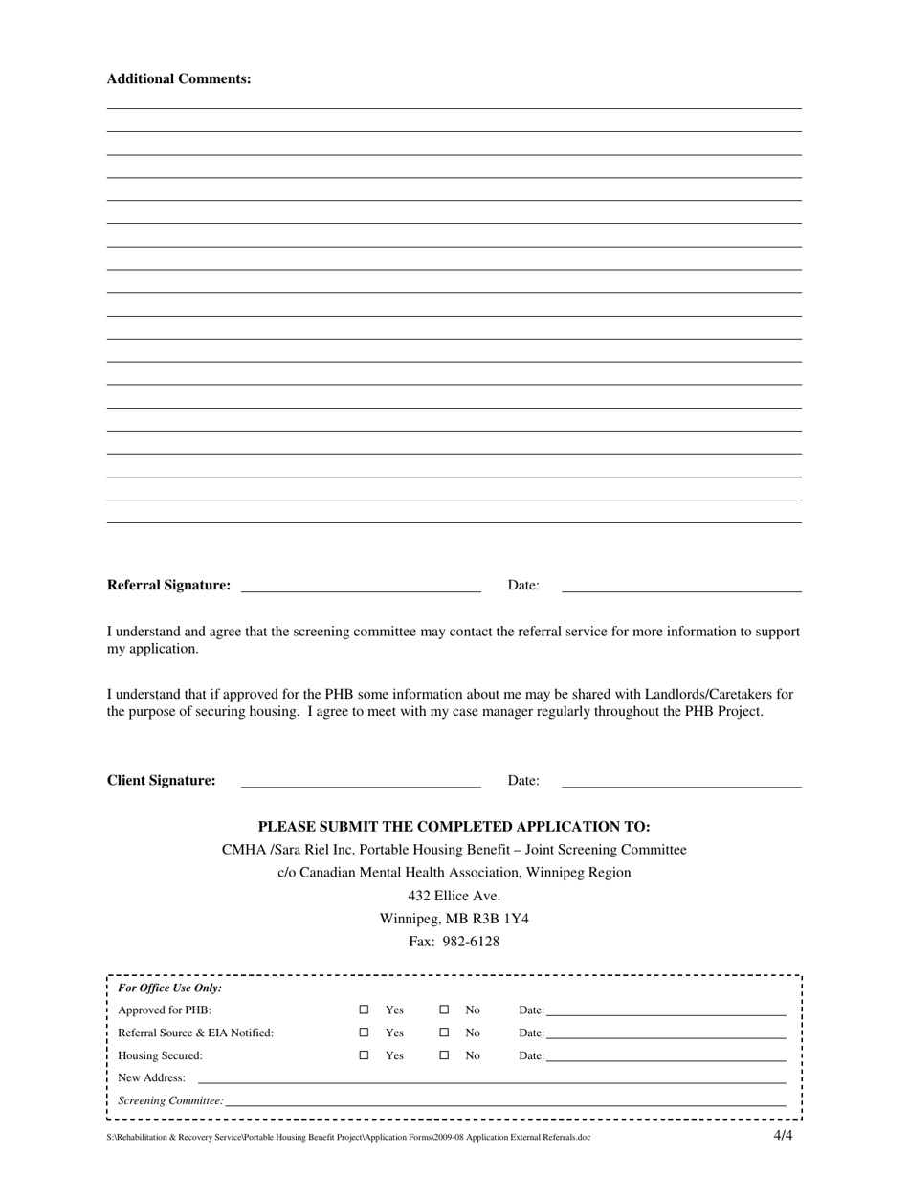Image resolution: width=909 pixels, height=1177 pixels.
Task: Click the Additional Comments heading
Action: click(x=179, y=79)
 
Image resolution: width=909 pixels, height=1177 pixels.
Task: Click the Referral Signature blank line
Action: click(x=360, y=588)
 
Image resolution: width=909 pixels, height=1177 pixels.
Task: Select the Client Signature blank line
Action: click(x=360, y=783)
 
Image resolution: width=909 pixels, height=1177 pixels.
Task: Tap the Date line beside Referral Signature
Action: click(x=680, y=588)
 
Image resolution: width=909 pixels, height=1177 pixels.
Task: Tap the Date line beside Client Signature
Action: click(x=680, y=783)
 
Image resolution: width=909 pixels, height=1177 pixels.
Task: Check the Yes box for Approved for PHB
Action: click(x=364, y=1010)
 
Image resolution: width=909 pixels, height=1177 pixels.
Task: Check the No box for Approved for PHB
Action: click(x=444, y=1010)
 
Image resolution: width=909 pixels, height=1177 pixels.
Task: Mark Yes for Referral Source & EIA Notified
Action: click(x=364, y=1033)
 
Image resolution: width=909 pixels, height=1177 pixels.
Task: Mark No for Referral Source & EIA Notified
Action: click(x=444, y=1033)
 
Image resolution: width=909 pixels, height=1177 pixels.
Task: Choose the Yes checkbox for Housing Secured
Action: click(x=364, y=1055)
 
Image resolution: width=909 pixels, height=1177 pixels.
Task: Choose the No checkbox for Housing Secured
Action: click(x=444, y=1055)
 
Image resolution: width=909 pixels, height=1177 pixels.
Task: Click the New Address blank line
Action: click(x=491, y=1080)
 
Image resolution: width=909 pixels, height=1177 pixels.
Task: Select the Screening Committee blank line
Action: click(x=505, y=1103)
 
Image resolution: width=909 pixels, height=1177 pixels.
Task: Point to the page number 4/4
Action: click(x=783, y=1136)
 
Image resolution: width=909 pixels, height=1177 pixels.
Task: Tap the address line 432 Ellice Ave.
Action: click(x=454, y=896)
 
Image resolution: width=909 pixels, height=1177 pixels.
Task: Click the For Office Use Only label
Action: click(x=169, y=988)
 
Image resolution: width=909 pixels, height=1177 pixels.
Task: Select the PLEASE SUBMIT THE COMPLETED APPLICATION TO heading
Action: click(x=454, y=827)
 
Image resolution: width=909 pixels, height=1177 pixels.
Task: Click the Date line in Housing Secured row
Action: click(x=665, y=1057)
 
